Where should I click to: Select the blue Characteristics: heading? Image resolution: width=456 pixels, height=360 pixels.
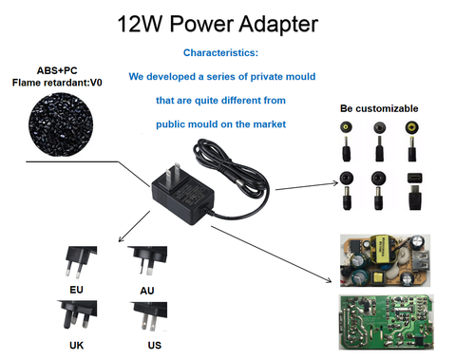(x=220, y=53)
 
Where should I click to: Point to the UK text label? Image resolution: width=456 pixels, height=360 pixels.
(x=77, y=346)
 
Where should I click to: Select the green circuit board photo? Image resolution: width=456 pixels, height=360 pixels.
(x=392, y=321)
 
